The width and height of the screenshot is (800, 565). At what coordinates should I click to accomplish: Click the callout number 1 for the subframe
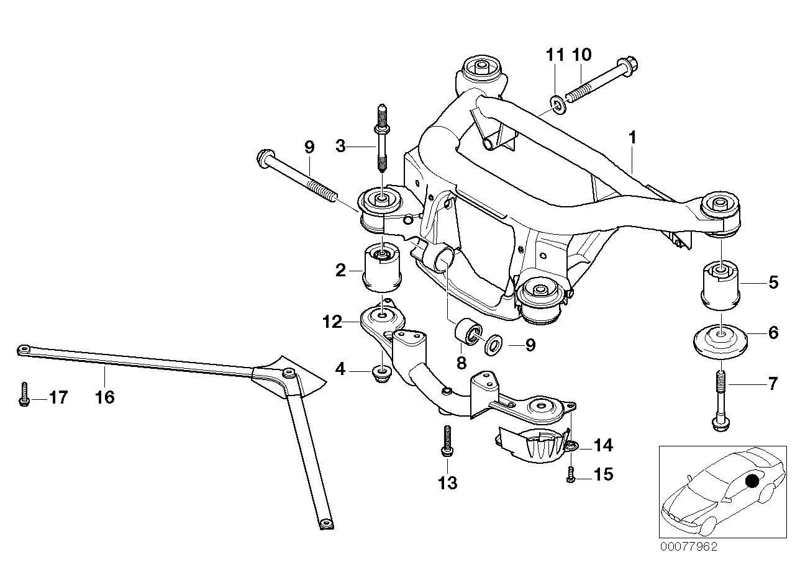[632, 138]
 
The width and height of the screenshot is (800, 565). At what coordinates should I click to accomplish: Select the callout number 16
[104, 397]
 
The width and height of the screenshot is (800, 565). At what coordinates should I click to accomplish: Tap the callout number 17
[58, 397]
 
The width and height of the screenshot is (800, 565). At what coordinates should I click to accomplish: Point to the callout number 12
[332, 322]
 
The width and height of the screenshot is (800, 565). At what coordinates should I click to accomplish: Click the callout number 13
[447, 483]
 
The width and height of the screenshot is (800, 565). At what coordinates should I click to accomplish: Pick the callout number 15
[603, 474]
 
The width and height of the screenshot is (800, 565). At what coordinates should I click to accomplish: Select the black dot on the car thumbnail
[753, 481]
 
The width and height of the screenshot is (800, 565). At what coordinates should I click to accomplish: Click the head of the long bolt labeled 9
[265, 159]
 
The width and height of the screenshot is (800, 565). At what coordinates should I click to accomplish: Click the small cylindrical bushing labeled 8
[468, 332]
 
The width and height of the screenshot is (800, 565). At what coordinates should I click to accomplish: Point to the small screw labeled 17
[24, 394]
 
